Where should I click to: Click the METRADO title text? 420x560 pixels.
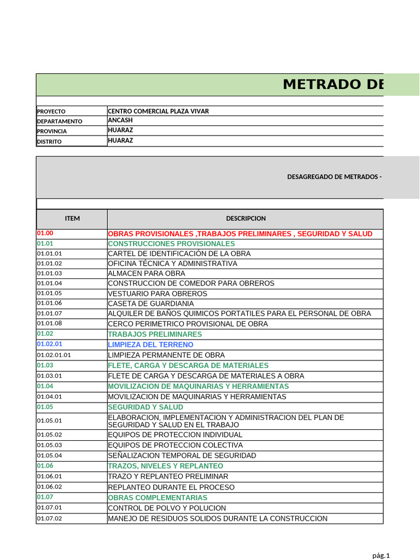click(x=333, y=85)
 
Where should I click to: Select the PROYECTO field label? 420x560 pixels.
click(x=51, y=112)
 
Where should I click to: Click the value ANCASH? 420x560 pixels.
click(x=120, y=120)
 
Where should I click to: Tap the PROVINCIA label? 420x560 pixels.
click(x=52, y=131)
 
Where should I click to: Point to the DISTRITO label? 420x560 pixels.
click(x=49, y=142)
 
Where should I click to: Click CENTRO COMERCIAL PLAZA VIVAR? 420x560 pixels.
click(x=159, y=111)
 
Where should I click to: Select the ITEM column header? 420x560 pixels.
click(x=72, y=218)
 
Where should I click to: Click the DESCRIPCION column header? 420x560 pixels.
click(x=245, y=218)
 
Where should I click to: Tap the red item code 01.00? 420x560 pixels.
click(x=45, y=234)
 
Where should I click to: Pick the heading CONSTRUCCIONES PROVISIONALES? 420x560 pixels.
click(x=171, y=243)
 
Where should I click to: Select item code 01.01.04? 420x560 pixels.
click(x=49, y=283)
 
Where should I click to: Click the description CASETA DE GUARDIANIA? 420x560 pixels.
click(x=151, y=304)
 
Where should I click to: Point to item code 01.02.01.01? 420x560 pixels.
click(x=54, y=355)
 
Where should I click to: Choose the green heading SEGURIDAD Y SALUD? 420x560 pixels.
click(x=145, y=407)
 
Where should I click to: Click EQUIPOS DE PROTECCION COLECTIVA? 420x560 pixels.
click(x=175, y=445)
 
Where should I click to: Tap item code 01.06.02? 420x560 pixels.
click(x=49, y=487)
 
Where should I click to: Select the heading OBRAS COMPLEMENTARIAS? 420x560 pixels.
click(x=157, y=498)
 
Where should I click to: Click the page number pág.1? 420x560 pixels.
click(x=381, y=556)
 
